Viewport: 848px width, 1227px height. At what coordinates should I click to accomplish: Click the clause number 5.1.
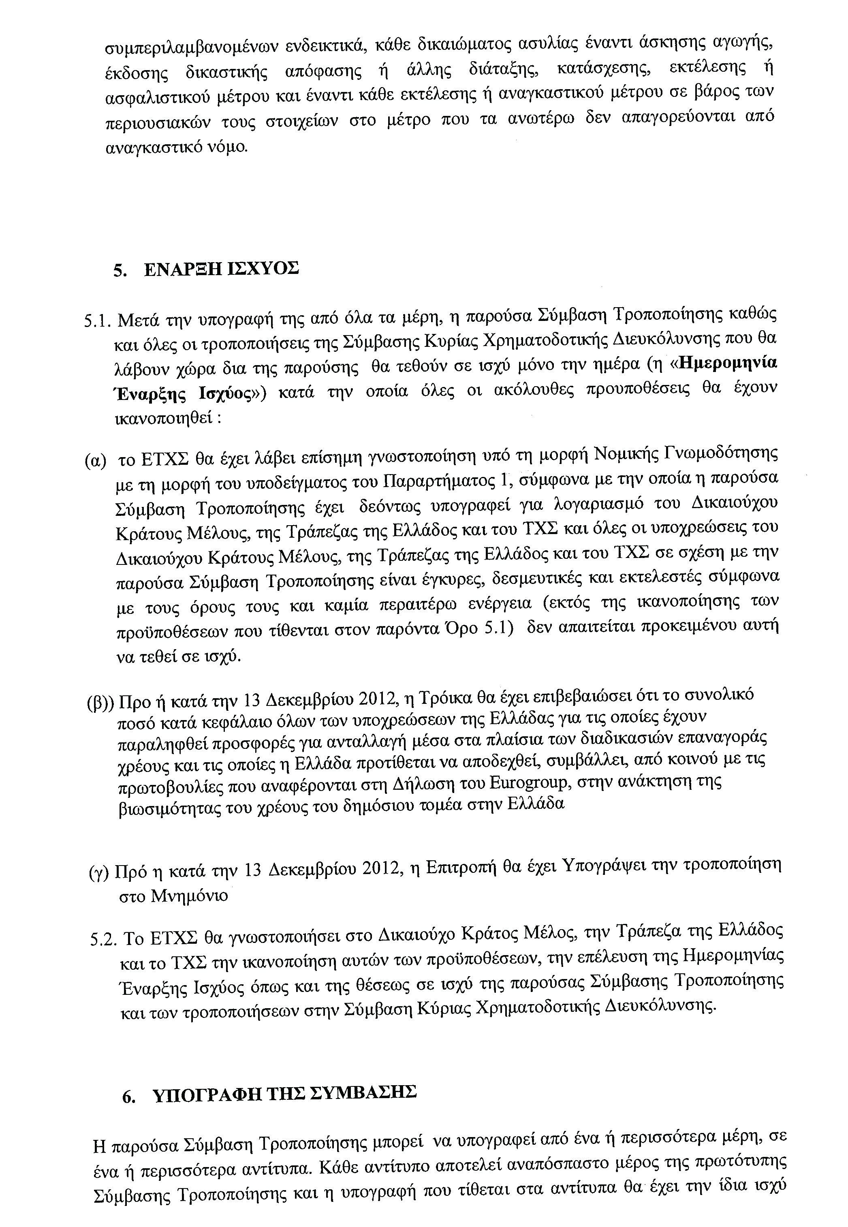click(98, 321)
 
